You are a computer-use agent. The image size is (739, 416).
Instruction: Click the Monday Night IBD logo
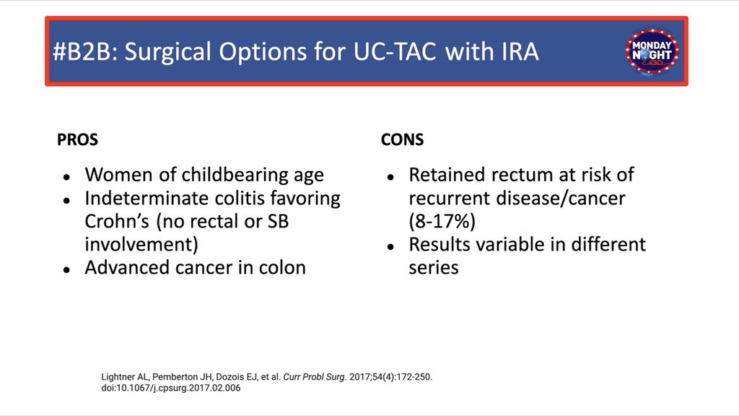coord(652,52)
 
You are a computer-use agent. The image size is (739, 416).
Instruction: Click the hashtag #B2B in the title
coord(84,51)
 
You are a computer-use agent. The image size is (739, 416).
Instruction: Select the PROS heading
coord(77,139)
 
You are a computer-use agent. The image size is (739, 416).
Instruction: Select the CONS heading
coord(402,139)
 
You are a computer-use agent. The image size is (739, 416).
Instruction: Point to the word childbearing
coord(235,175)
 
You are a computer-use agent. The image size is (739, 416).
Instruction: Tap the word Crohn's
coord(118,221)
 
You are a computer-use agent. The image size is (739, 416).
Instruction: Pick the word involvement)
coord(141,245)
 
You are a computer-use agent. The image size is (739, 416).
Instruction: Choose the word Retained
coord(447,175)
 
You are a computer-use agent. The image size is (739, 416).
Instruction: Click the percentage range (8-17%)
coord(442,221)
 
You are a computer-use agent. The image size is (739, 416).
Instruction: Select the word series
coord(434,268)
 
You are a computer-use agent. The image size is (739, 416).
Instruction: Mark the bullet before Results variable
coord(390,247)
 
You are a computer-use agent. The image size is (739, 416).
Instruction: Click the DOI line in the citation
coord(170,388)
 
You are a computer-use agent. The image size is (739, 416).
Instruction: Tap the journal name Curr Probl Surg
coord(315,377)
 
